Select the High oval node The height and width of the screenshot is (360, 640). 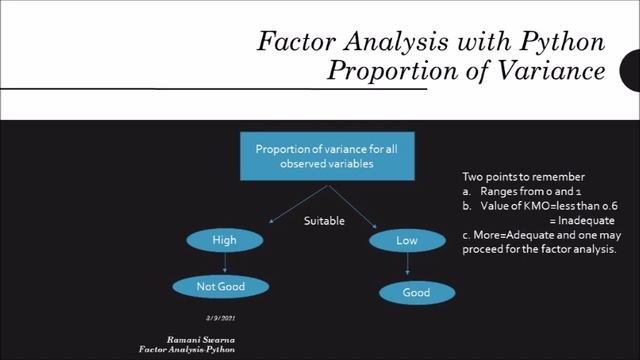(x=224, y=241)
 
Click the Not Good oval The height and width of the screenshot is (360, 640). (x=220, y=287)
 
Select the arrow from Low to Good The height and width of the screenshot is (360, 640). (x=408, y=266)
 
